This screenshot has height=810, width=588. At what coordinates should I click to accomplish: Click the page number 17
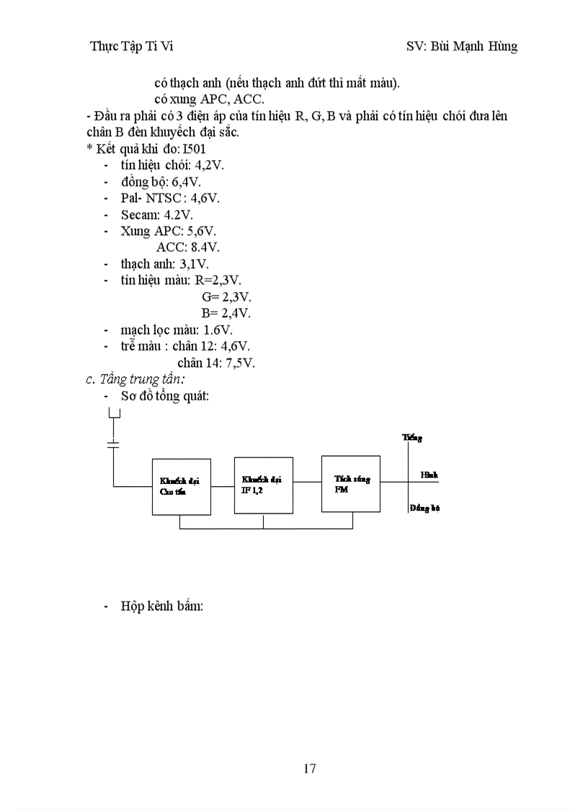pyautogui.click(x=310, y=768)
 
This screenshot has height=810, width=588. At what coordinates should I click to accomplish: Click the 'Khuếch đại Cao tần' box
pyautogui.click(x=181, y=486)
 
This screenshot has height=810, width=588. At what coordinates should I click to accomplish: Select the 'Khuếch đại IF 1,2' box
pyautogui.click(x=263, y=484)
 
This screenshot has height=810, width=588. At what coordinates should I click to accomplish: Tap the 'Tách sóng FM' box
pyautogui.click(x=351, y=483)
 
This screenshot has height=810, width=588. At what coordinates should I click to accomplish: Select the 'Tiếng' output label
pyautogui.click(x=412, y=437)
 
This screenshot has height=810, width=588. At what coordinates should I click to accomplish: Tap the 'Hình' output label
pyautogui.click(x=429, y=475)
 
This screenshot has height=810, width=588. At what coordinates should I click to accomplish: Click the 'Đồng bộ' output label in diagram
pyautogui.click(x=424, y=508)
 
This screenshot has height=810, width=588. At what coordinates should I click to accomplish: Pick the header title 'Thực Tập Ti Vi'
pyautogui.click(x=132, y=46)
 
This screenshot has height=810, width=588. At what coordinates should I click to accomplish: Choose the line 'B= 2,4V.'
pyautogui.click(x=226, y=313)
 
